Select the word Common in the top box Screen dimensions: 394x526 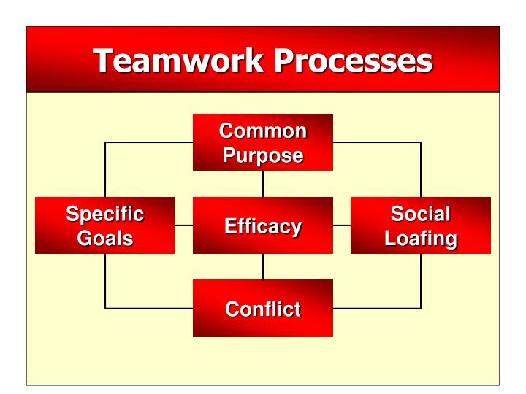263,131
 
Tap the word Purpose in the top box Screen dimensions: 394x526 263,155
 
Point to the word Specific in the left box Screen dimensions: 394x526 105,214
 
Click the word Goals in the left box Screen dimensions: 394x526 105,238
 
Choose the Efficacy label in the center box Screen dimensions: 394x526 263,226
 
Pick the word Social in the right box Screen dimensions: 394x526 421,214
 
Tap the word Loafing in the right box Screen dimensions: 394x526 421,238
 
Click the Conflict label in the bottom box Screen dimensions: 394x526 263,309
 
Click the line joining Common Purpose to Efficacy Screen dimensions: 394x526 263,184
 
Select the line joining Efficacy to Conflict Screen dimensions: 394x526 263,266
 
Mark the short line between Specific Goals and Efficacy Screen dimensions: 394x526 184,225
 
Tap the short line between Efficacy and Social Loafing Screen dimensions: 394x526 342,225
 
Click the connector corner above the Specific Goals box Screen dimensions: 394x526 106,142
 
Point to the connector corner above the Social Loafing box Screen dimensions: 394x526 421,142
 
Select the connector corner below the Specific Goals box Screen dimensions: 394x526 106,308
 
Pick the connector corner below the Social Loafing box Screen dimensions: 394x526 421,308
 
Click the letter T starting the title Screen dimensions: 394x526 104,61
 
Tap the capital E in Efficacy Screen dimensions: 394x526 231,225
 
